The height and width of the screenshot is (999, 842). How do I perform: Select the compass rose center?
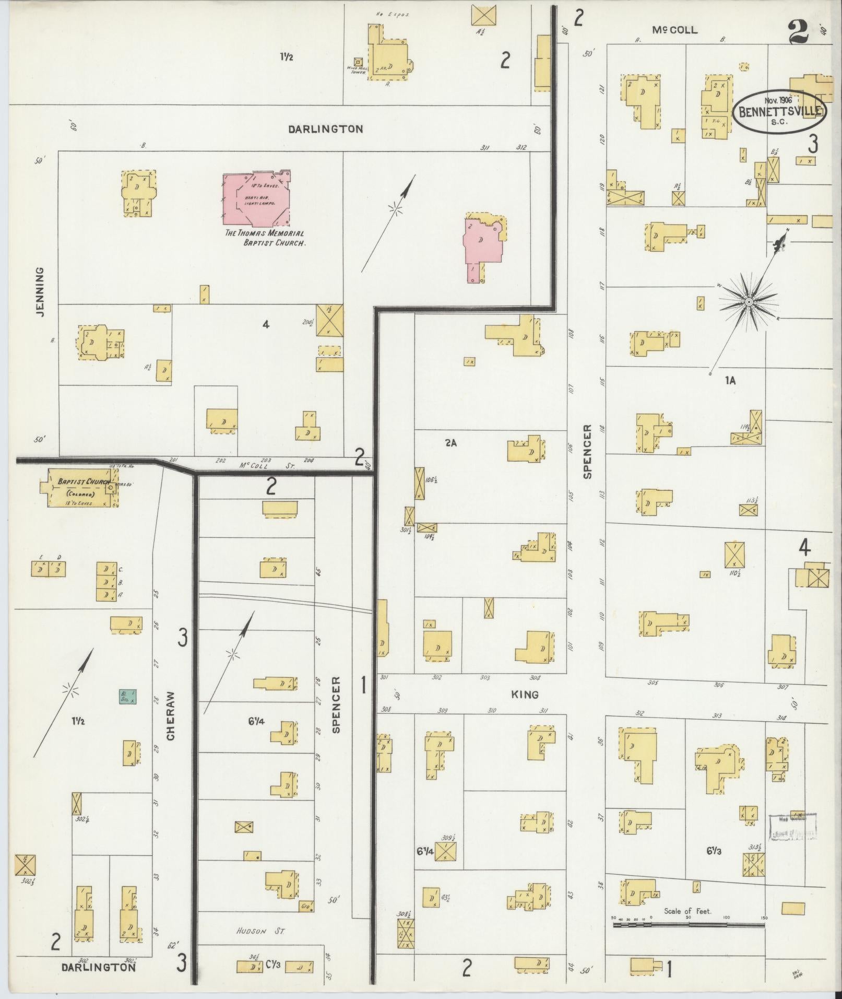tap(748, 302)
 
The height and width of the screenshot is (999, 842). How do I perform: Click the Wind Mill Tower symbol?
tap(358, 62)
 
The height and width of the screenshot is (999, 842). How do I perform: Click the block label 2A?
tap(450, 443)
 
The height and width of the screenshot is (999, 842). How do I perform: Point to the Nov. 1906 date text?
tap(778, 100)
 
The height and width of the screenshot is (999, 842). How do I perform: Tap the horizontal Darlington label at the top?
tap(325, 128)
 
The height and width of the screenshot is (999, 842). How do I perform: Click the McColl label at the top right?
tap(674, 30)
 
